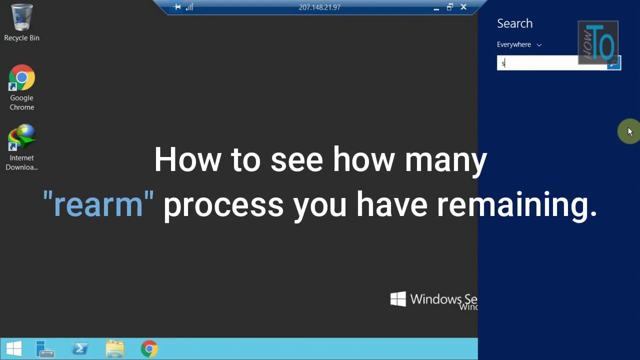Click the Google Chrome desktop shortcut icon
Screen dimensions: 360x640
21,78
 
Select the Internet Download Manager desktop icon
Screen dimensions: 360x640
21,138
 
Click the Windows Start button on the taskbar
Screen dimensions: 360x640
14,348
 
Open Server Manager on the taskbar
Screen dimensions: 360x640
45,349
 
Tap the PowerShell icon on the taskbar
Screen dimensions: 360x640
80,348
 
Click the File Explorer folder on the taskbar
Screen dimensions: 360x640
115,349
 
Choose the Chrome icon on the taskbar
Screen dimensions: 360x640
149,349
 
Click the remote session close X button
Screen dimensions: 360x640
463,7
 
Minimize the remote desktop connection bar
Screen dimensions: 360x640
436,7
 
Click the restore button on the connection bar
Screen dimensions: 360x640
449,7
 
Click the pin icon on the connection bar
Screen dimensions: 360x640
177,7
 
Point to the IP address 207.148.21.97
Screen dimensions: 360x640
319,7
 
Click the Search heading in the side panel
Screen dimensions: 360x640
514,23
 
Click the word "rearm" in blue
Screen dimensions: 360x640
98,204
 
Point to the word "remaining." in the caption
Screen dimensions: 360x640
517,204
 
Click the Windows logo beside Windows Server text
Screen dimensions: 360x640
398,299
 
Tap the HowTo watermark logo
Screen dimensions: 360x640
598,42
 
